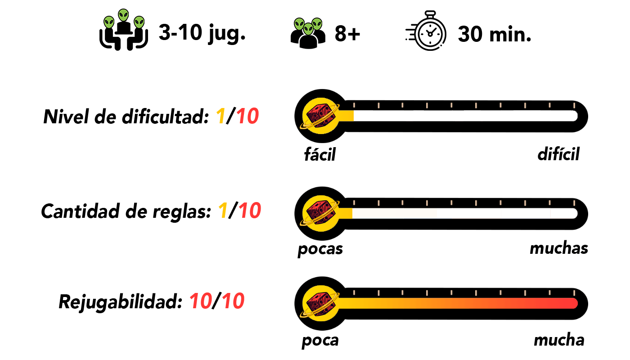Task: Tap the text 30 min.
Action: coord(495,34)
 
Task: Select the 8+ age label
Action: coord(347,34)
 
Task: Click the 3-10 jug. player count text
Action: coord(202,33)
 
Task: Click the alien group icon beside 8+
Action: coord(308,33)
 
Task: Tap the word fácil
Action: coord(320,154)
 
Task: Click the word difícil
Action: coord(558,154)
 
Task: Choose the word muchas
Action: coord(559,248)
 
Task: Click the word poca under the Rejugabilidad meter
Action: coord(320,341)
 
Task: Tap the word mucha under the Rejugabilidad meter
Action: coord(559,340)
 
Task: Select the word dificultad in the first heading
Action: coord(166,117)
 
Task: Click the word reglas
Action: coord(182,212)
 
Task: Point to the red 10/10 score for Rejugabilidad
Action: coord(217,301)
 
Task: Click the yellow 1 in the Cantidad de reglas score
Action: coord(223,211)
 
